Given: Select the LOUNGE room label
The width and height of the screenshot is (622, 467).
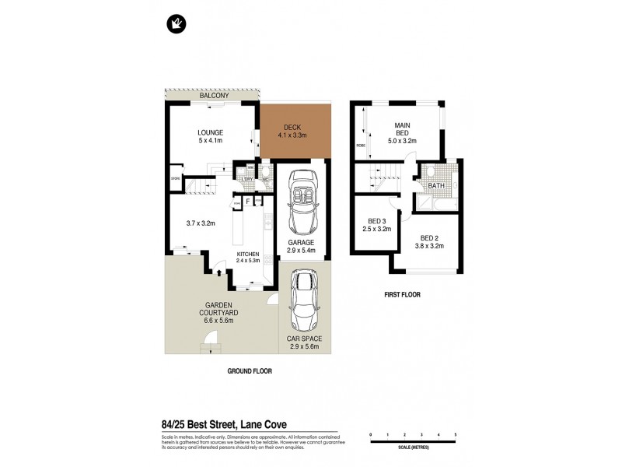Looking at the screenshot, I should [210, 132].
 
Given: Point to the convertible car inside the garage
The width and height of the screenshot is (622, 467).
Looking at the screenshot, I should [300, 204].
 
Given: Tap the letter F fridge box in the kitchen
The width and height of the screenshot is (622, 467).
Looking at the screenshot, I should [248, 202].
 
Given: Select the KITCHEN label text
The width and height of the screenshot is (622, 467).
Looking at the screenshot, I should [248, 255].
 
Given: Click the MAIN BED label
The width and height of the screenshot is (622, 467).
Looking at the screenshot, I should [402, 128].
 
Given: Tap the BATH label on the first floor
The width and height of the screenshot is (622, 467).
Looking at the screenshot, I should [436, 186].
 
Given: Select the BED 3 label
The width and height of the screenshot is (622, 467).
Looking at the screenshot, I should [376, 221].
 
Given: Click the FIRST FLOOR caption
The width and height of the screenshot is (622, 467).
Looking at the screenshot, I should [401, 296].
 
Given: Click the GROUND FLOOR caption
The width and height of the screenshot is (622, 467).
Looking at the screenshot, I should [250, 371].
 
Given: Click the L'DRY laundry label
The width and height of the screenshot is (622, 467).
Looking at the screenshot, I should [247, 180].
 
